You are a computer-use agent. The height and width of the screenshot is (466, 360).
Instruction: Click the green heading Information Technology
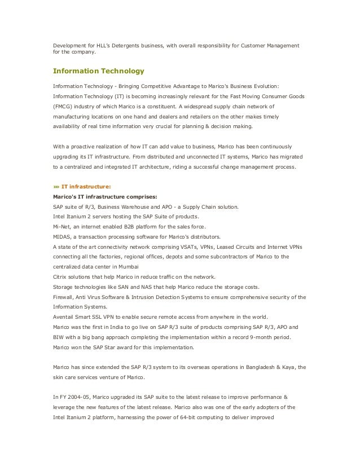tap(99, 71)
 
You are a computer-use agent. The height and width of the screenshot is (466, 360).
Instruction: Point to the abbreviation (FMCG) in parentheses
tap(64, 106)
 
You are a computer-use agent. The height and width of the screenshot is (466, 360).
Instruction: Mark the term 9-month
tap(266, 337)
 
